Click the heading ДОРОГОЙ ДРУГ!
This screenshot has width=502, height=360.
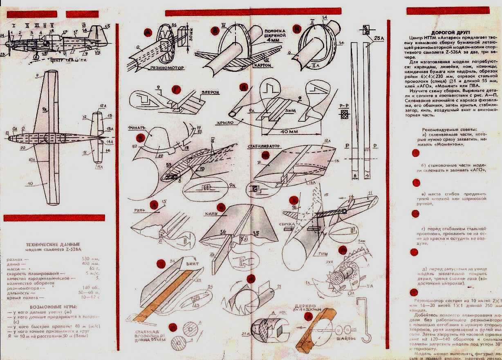[x=451, y=32]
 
